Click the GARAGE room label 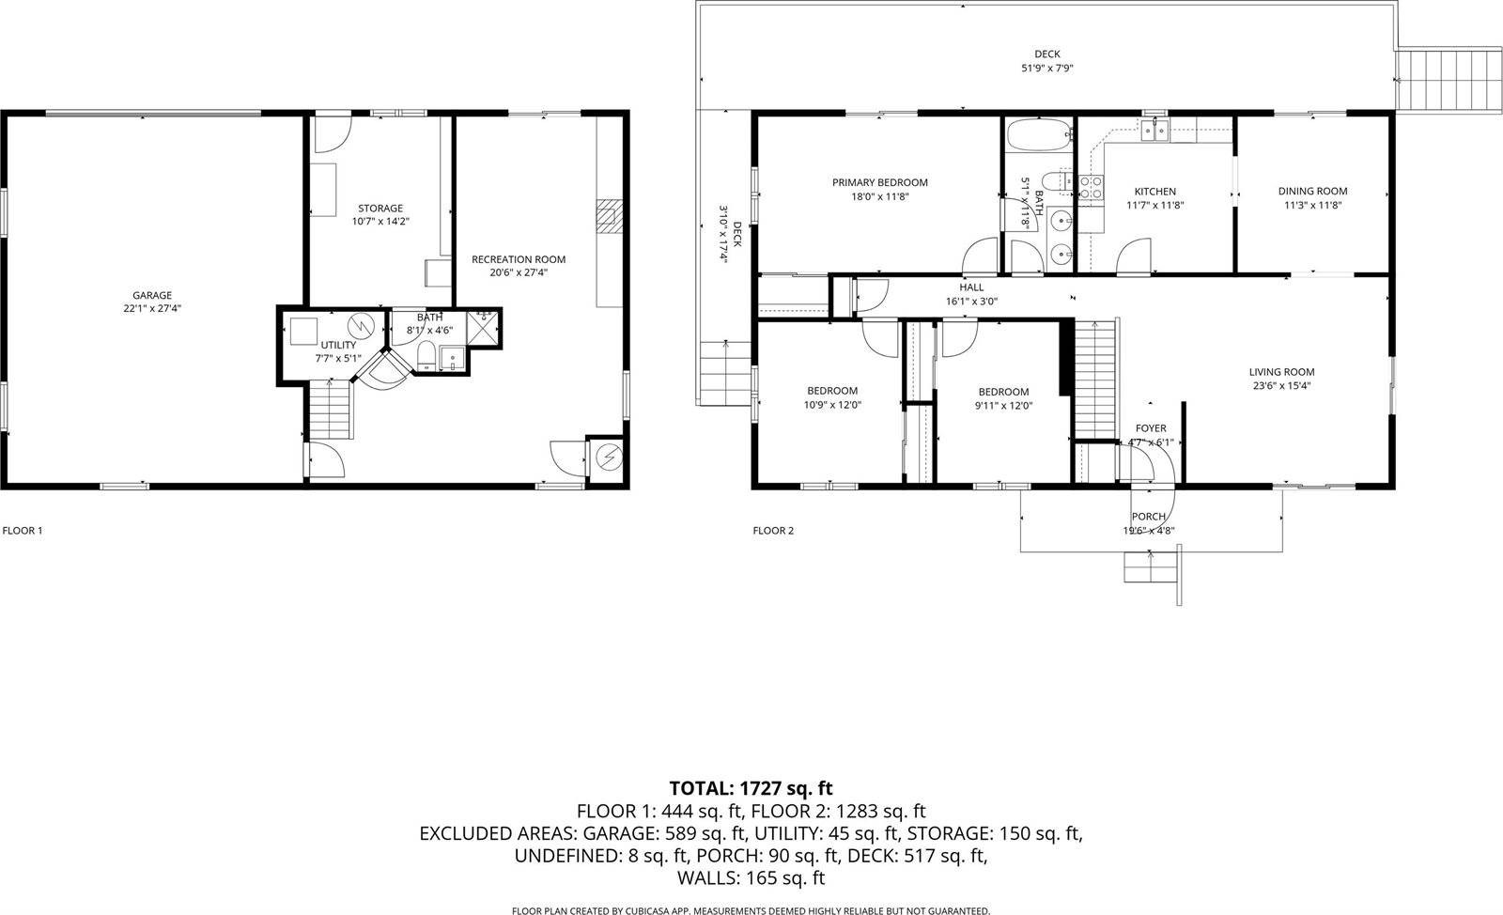(x=151, y=295)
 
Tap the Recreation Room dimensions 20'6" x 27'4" (x=519, y=273)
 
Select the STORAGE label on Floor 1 (x=380, y=209)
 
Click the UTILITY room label (x=338, y=345)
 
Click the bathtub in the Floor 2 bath (x=1039, y=135)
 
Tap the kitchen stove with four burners (x=1090, y=187)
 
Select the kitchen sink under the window (x=1154, y=131)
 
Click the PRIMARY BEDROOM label (x=879, y=182)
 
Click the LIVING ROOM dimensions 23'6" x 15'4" (x=1281, y=385)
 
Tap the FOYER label (x=1151, y=428)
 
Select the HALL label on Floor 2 (x=971, y=287)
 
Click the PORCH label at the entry (x=1148, y=517)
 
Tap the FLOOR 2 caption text (x=773, y=531)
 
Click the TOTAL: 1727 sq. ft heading (x=751, y=788)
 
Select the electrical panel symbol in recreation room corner (x=608, y=457)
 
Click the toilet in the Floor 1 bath (x=426, y=355)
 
